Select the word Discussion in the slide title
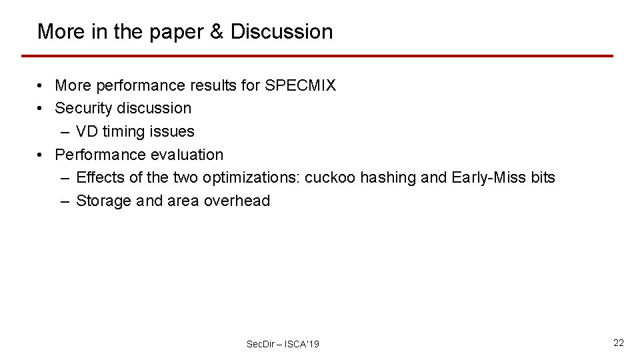(x=281, y=31)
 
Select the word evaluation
(x=189, y=155)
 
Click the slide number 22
(x=619, y=343)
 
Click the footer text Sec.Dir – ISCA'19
(x=283, y=344)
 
